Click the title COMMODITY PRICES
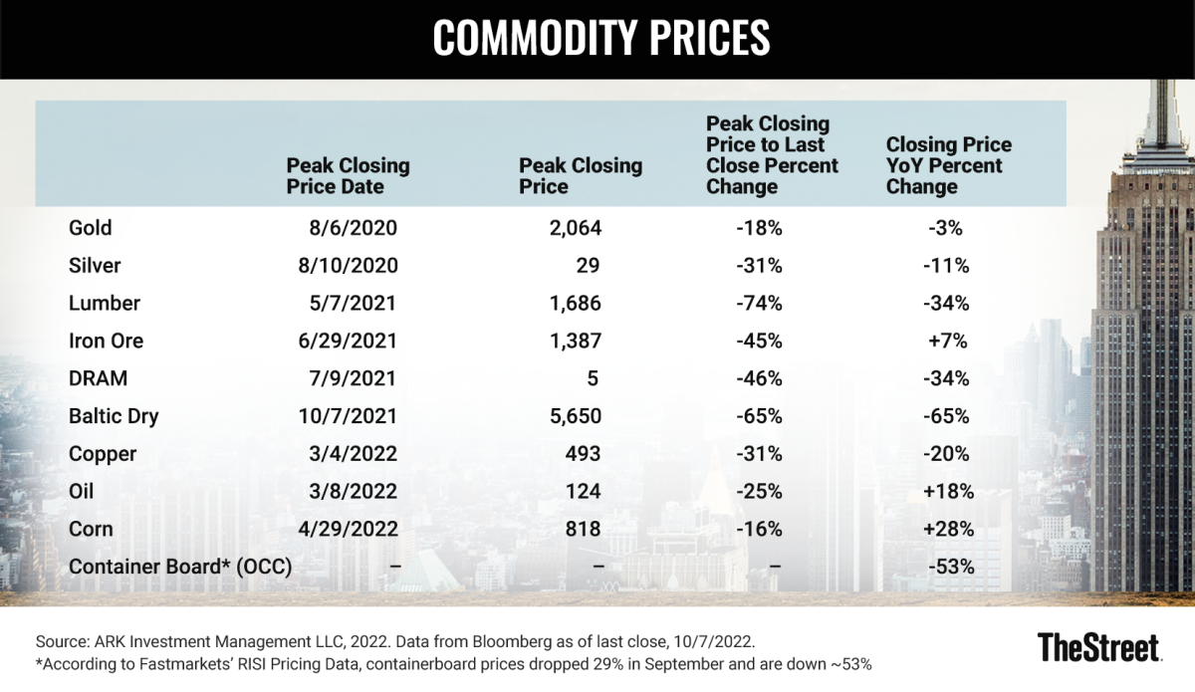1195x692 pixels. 601,38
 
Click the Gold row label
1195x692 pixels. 91,228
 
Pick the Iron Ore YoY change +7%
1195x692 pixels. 947,342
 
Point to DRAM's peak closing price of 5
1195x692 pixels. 595,379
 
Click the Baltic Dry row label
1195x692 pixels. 114,416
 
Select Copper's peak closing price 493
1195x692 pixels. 583,454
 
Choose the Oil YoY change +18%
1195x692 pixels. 947,492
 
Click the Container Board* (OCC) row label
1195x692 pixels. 180,568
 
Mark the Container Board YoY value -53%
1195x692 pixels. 948,568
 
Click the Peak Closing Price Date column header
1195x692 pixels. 348,175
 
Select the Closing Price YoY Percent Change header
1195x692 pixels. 948,165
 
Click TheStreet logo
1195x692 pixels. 1098,647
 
